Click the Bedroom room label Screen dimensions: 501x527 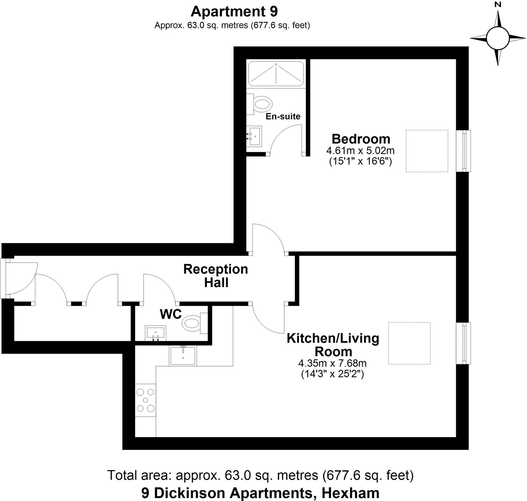361,139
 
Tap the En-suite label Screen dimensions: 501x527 283,116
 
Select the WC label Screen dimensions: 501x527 171,314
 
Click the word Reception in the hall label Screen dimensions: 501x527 216,269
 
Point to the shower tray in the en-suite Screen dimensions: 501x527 276,74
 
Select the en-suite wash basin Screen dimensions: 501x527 254,136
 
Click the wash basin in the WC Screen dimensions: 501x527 155,333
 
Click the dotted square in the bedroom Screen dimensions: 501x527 427,151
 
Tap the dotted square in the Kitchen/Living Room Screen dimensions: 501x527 409,343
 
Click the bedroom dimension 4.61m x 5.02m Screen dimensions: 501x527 360,151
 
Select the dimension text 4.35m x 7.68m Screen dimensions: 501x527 332,363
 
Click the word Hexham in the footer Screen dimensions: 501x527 350,493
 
